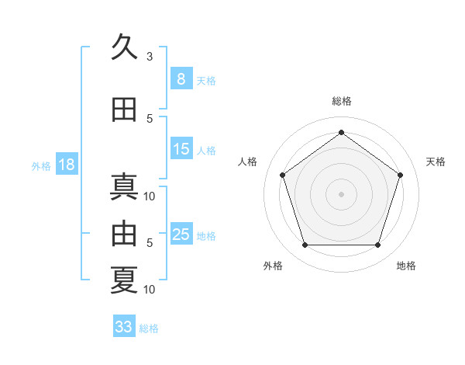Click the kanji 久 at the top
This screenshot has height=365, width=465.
pos(124,46)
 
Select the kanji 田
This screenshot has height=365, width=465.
pos(124,109)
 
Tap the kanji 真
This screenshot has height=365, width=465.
pos(124,186)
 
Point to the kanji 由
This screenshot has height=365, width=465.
pos(124,233)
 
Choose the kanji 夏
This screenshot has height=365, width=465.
pos(124,280)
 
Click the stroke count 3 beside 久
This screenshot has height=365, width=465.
pos(150,57)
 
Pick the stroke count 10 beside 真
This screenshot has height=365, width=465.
pos(149,196)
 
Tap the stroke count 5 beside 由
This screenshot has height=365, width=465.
pos(150,243)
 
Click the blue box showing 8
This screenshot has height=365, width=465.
pos(181,78)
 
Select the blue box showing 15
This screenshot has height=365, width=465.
pos(181,148)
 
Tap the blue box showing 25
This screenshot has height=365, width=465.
pos(181,233)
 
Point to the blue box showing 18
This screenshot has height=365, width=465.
pos(67,164)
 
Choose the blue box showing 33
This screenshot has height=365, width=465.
pos(124,325)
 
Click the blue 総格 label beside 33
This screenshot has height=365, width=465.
pos(149,328)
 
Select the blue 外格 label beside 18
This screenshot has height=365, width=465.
pos(41,166)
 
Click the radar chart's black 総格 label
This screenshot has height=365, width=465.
pos(342,101)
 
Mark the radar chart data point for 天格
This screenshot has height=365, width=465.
pos(400,175)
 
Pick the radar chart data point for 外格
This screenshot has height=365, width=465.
pos(305,245)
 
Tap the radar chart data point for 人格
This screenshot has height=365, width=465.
pos(283,175)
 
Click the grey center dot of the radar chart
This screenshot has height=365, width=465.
pos(341,194)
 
